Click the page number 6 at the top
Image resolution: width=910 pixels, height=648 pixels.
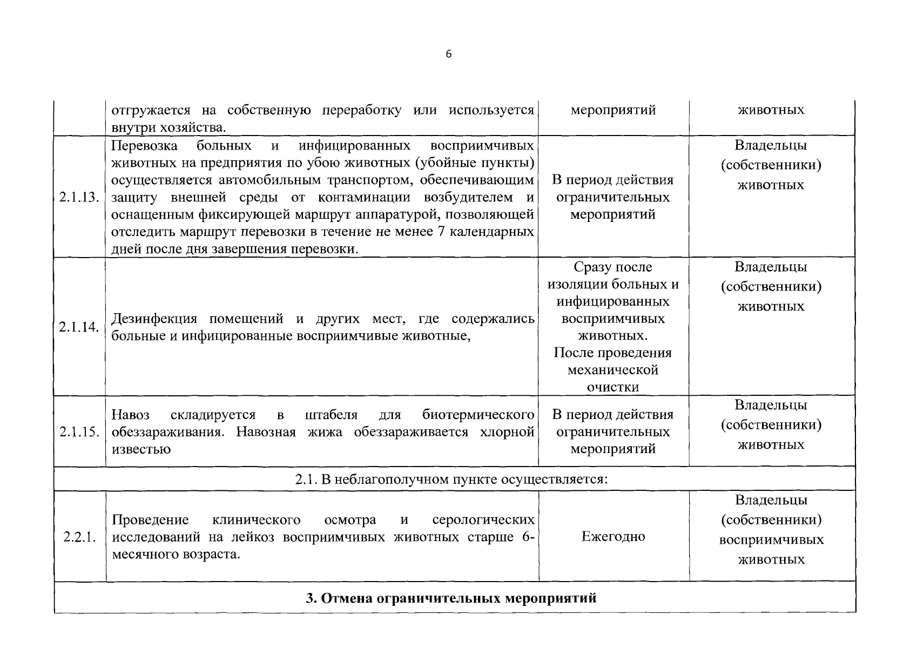pyautogui.click(x=449, y=54)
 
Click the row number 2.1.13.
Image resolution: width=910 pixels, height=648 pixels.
pyautogui.click(x=79, y=197)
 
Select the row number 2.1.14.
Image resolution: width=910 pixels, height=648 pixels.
pyautogui.click(x=79, y=327)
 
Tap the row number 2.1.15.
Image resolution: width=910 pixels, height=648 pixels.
pyautogui.click(x=79, y=432)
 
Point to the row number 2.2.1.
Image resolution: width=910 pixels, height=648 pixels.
pyautogui.click(x=79, y=537)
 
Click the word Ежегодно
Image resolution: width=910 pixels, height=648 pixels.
pyautogui.click(x=613, y=537)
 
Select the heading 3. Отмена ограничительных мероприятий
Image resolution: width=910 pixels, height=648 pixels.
pyautogui.click(x=451, y=598)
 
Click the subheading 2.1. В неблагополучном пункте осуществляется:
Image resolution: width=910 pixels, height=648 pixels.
pyautogui.click(x=451, y=479)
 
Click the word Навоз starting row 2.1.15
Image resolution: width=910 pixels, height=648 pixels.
pyautogui.click(x=131, y=415)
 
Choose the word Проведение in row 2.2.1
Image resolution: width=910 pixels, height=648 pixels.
pyautogui.click(x=150, y=519)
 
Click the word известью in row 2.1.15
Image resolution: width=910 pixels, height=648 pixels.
pyautogui.click(x=140, y=449)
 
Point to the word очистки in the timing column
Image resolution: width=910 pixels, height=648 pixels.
pyautogui.click(x=613, y=387)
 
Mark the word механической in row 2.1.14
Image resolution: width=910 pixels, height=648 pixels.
pyautogui.click(x=613, y=370)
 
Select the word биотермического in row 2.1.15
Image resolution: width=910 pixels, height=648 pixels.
pyautogui.click(x=478, y=415)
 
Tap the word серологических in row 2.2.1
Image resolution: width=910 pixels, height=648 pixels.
pyautogui.click(x=483, y=519)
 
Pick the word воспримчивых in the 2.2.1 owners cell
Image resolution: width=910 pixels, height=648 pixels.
pyautogui.click(x=771, y=540)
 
